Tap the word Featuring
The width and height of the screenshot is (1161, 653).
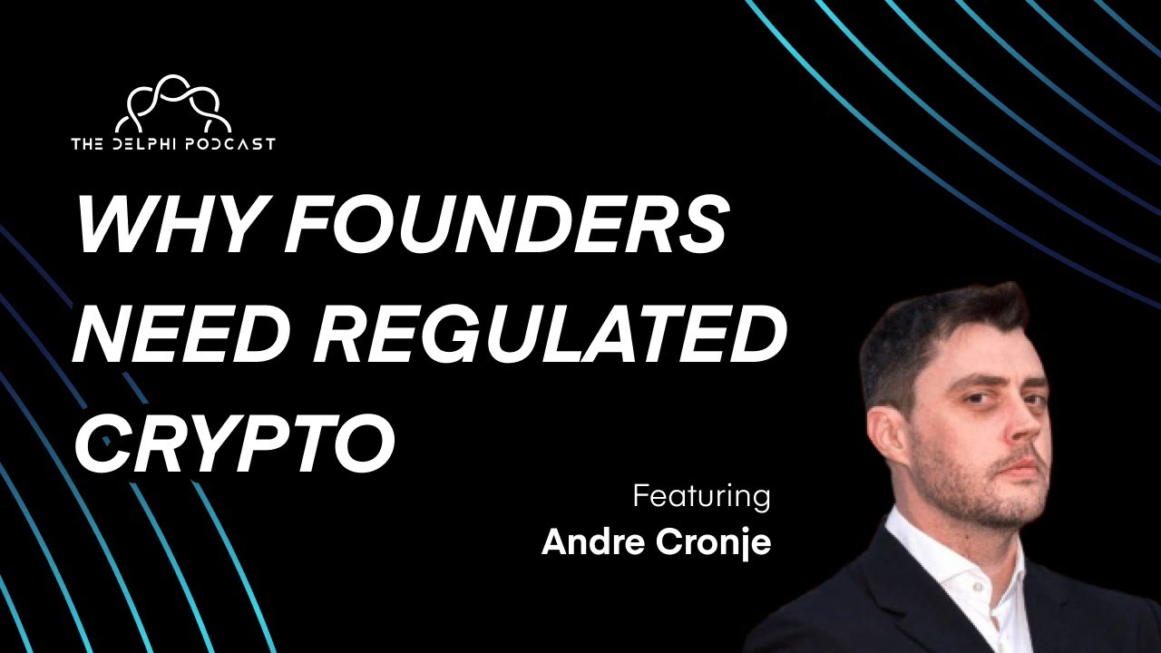(701, 497)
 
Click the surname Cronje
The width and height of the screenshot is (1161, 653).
(719, 543)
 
